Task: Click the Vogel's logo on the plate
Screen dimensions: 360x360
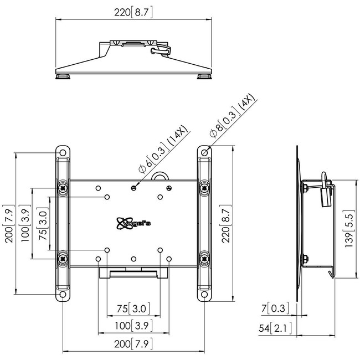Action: pos(133,223)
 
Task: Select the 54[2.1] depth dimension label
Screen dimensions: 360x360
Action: pos(275,328)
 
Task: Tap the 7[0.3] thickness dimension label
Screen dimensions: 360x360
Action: pos(275,308)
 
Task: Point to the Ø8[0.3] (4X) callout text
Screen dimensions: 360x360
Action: pos(233,116)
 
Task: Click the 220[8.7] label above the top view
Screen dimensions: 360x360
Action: pos(133,12)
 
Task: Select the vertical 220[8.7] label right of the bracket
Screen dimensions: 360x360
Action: pos(226,224)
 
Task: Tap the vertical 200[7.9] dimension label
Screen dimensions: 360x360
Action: pos(9,224)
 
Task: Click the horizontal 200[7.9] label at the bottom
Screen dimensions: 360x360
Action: pos(133,344)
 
